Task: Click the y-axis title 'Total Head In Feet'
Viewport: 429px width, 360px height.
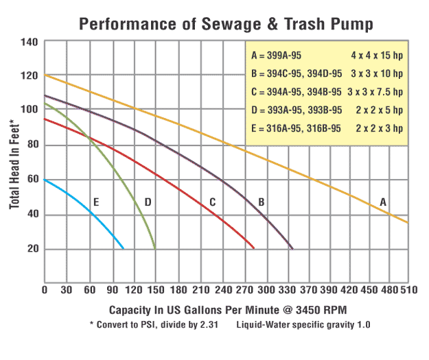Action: pyautogui.click(x=14, y=154)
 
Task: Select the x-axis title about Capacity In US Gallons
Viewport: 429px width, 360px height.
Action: pyautogui.click(x=227, y=304)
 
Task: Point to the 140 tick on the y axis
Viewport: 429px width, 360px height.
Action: pyautogui.click(x=30, y=42)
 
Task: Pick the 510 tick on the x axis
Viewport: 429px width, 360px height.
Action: pyautogui.click(x=408, y=289)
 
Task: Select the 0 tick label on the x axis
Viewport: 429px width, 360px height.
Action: pyautogui.click(x=45, y=289)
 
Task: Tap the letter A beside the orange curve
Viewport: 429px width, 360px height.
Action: pyautogui.click(x=383, y=202)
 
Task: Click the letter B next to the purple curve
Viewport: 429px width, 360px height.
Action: pyautogui.click(x=262, y=202)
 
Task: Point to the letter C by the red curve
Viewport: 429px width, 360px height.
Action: pyautogui.click(x=213, y=202)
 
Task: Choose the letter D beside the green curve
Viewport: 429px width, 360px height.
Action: pyautogui.click(x=148, y=202)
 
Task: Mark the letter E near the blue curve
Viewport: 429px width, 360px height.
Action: pyautogui.click(x=96, y=202)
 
